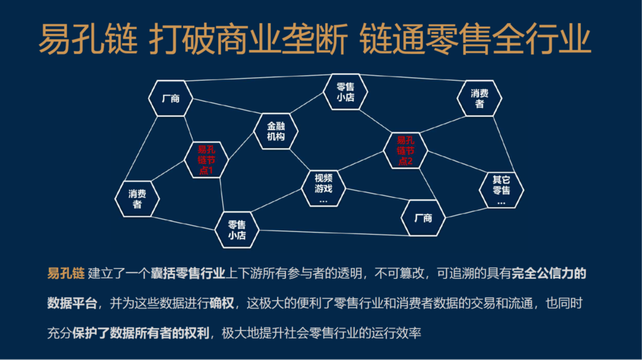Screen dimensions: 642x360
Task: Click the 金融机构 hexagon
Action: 276,131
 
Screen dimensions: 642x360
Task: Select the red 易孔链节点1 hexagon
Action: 206,160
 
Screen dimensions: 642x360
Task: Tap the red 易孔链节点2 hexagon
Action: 406,151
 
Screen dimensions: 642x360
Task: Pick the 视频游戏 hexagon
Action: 324,188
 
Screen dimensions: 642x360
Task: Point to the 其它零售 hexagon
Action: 501,190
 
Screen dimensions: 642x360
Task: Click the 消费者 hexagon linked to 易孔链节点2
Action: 480,98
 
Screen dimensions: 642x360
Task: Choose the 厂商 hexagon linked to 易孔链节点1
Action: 171,98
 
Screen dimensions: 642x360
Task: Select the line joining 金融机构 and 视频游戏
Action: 300,160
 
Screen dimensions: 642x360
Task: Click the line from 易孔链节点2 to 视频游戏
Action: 361,161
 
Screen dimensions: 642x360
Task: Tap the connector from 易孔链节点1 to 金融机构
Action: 241,145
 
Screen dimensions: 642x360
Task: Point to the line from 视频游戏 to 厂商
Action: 378,194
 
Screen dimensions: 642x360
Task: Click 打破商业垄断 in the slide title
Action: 248,39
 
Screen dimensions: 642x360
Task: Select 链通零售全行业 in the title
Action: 475,39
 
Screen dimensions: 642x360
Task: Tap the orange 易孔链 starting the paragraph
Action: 66,273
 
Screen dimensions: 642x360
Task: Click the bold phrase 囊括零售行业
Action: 188,273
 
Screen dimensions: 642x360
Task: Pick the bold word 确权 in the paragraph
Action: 222,303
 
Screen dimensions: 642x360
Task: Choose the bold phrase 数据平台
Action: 72,303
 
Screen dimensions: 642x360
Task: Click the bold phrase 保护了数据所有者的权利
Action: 140,333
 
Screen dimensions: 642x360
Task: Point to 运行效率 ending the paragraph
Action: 396,333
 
